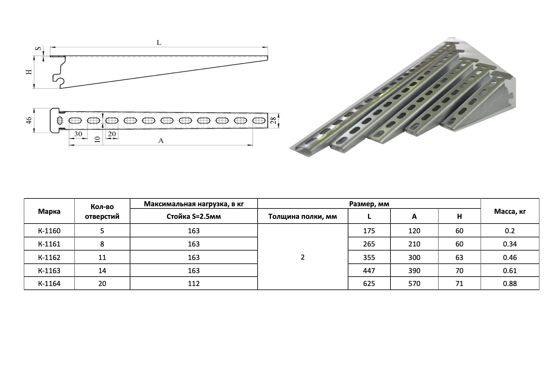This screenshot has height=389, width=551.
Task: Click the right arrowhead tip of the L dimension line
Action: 268,47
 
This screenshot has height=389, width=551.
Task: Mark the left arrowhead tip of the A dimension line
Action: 69,145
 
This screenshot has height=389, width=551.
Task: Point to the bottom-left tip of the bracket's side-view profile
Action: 60,88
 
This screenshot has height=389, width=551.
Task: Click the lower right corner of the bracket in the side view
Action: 268,59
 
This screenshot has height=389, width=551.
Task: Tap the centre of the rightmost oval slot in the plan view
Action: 259,121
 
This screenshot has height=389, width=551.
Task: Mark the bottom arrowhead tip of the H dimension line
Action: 33,88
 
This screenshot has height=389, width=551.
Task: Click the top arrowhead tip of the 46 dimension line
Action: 33,108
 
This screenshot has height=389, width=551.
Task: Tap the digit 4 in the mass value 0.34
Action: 515,244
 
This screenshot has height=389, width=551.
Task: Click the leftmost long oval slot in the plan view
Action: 75,121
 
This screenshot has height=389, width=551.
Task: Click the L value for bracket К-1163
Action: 369,271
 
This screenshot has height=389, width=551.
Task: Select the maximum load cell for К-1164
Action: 194,284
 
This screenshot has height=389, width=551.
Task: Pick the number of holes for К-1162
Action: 102,257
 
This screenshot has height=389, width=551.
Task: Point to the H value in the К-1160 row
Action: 459,231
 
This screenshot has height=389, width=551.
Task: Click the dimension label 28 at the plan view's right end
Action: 274,121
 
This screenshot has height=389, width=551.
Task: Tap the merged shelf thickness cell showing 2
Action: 303,257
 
